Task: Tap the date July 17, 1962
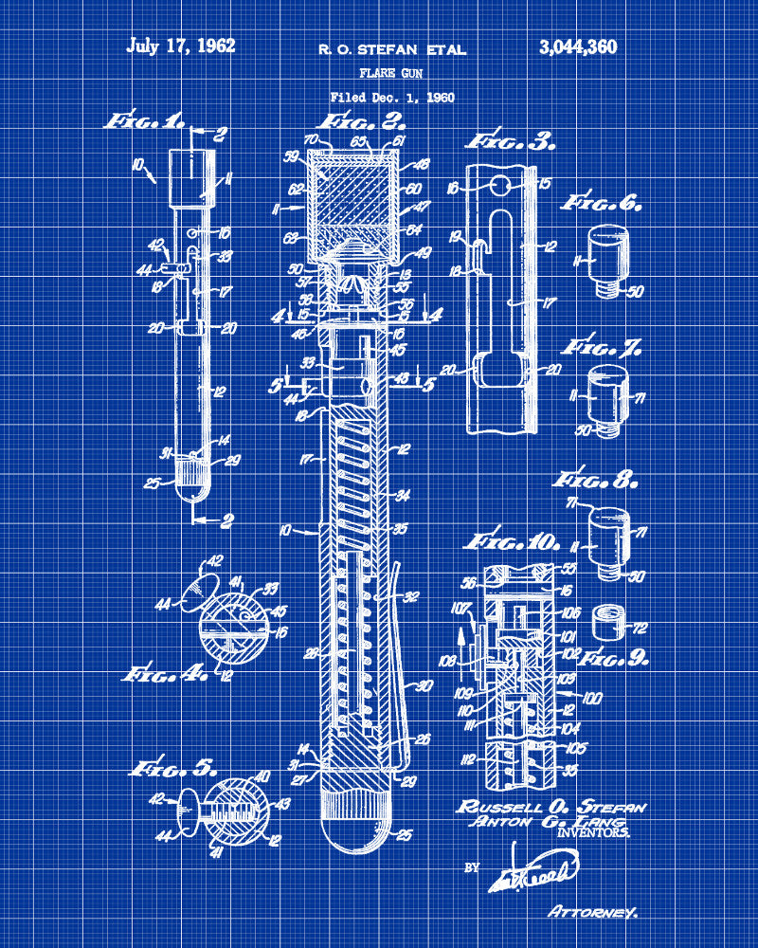pyautogui.click(x=181, y=46)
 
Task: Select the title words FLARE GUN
pyautogui.click(x=392, y=73)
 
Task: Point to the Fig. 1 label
pyautogui.click(x=144, y=121)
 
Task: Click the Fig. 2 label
pyautogui.click(x=360, y=121)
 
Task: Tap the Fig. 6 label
pyautogui.click(x=602, y=202)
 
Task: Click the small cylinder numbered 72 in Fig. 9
pyautogui.click(x=604, y=623)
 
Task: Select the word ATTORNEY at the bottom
pyautogui.click(x=592, y=912)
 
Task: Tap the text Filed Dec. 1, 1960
pyautogui.click(x=392, y=97)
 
